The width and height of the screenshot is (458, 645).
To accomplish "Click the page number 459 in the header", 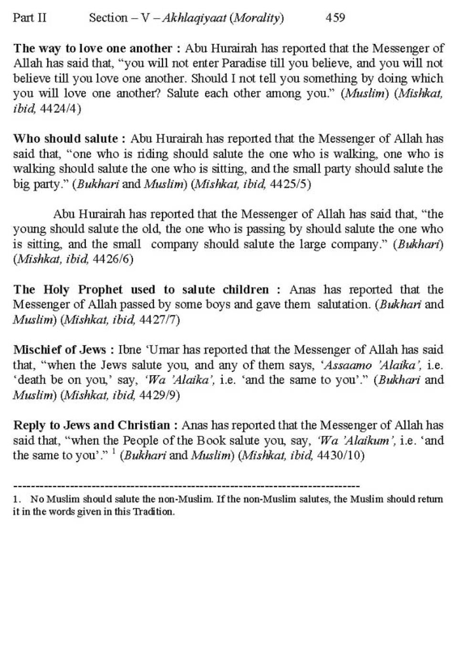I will coord(335,18).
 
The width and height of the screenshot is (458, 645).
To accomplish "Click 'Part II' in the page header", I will coord(30,18).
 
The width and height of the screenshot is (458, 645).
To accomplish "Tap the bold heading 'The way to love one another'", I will coord(93,48).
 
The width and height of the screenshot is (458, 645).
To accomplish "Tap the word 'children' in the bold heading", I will coord(246,289).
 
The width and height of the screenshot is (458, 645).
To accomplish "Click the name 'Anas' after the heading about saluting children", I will coord(302,289).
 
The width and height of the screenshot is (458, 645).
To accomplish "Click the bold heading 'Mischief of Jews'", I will coord(60,349).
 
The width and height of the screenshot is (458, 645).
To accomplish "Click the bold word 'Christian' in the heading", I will coord(144,425).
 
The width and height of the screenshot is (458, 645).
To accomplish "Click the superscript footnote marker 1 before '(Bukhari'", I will coord(114,451).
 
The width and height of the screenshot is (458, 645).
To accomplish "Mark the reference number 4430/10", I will coord(340,455).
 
